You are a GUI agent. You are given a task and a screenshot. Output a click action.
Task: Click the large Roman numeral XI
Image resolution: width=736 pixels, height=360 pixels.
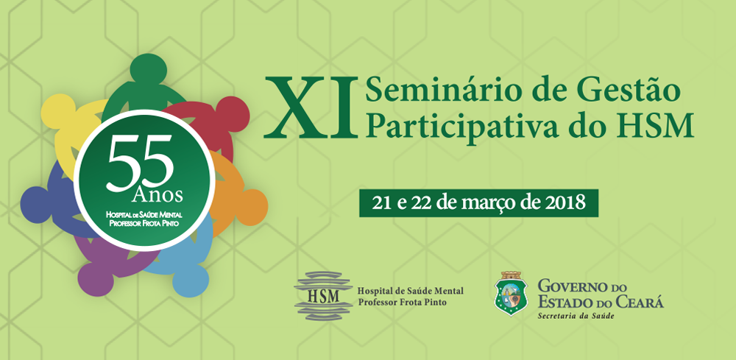(x=311, y=107)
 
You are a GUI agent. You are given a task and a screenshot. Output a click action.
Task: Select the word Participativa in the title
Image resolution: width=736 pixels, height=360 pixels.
(x=461, y=125)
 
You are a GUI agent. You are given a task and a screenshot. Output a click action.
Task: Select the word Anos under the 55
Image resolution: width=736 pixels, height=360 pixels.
(x=158, y=194)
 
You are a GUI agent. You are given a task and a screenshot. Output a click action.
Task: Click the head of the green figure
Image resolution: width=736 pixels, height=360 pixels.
(x=149, y=69)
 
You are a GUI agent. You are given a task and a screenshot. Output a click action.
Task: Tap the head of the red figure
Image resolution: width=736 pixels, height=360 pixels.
(x=233, y=114)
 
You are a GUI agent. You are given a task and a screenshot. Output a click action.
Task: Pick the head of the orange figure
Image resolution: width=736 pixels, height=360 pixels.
(x=250, y=208)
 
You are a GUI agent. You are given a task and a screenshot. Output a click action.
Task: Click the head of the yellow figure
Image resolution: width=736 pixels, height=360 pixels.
(x=58, y=111)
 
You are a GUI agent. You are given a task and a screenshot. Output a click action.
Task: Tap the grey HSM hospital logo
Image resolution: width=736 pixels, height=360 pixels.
(x=323, y=295)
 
